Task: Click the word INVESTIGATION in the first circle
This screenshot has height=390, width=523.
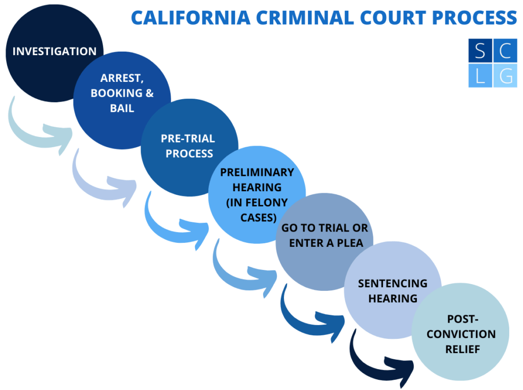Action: pyautogui.click(x=54, y=51)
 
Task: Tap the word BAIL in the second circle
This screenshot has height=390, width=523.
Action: pyautogui.click(x=122, y=108)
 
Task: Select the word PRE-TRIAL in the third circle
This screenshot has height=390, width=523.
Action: pyautogui.click(x=188, y=139)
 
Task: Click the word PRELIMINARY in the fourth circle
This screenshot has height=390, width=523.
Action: pyautogui.click(x=257, y=172)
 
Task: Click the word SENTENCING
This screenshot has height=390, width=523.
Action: pyautogui.click(x=392, y=283)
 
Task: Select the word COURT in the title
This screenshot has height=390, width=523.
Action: pyautogui.click(x=388, y=18)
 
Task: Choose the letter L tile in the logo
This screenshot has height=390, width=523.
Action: pyautogui.click(x=480, y=76)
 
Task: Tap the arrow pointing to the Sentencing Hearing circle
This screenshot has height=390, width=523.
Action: pyautogui.click(x=312, y=319)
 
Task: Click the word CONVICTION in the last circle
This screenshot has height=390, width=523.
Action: pyautogui.click(x=461, y=334)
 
